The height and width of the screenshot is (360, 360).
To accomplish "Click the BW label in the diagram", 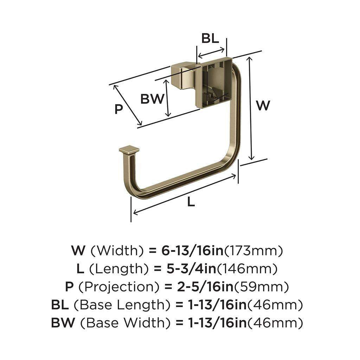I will [152, 99].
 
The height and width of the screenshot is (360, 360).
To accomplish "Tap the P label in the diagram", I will [119, 109].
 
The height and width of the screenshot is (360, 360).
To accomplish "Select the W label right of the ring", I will [263, 105].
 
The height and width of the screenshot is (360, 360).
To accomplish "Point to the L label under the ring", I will [191, 202].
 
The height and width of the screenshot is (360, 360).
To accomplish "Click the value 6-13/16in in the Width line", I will [191, 251].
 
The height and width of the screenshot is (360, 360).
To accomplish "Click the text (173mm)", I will [253, 251].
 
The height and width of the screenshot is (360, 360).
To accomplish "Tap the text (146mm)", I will [247, 269].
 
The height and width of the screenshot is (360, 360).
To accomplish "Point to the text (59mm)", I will [262, 287].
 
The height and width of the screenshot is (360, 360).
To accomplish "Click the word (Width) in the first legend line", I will [117, 251].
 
